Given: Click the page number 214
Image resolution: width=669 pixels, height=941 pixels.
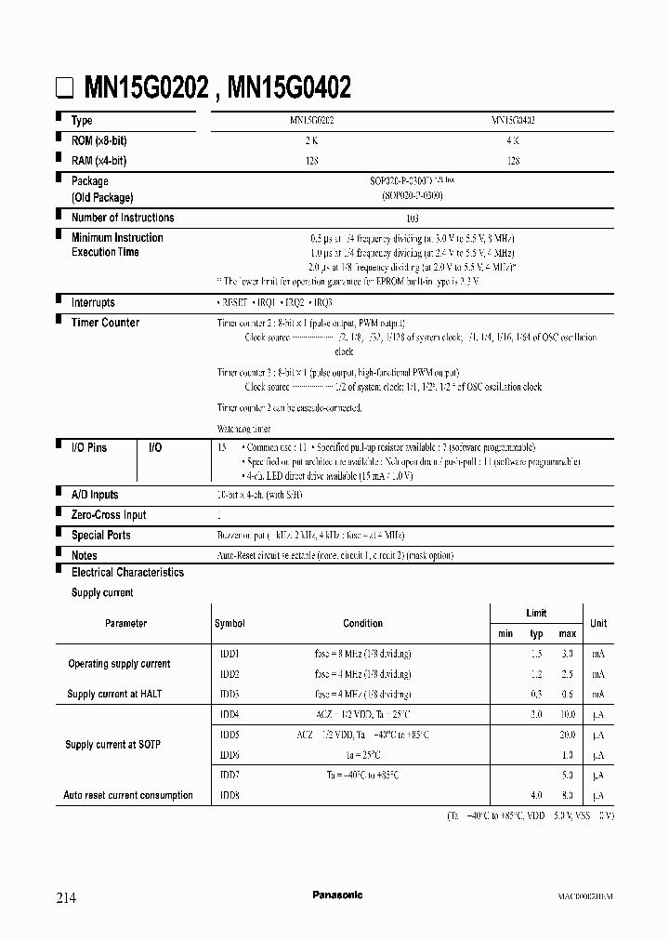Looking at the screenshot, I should pos(66,897).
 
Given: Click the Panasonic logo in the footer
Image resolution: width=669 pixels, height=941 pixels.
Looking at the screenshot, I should pos(337,895).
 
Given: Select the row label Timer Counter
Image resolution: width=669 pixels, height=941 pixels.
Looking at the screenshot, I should pos(105,323).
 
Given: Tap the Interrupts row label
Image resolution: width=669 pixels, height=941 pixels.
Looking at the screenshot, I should pos(93,302).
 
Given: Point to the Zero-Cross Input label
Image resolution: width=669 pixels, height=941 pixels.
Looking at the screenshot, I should pos(108,515).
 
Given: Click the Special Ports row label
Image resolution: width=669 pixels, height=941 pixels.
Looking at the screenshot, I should pos(100,536).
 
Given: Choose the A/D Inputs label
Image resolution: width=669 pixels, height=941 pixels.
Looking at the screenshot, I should pos(95,495).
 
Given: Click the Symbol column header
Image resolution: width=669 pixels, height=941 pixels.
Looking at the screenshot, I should pos(230,623).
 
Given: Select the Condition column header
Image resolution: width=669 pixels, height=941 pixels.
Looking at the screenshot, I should pos(362,623).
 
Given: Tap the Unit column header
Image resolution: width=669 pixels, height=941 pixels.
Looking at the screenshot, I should pos(598,623).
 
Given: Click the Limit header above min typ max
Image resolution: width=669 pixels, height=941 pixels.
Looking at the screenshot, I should pos(536,614).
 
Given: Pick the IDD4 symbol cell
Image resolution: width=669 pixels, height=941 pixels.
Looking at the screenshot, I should pos(230,714).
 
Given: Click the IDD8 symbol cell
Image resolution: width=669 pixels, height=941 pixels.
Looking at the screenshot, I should pos(230,795).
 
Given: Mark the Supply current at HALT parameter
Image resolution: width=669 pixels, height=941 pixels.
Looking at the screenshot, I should pos(115,695).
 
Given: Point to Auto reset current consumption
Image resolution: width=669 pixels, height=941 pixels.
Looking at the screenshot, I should pos(128,795).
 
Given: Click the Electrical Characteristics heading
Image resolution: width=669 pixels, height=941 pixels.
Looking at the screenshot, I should pos(127,573).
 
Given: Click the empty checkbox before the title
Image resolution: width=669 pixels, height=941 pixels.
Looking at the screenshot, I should pos(64,90).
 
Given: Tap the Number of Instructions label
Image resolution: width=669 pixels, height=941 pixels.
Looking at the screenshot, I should pos(123,218).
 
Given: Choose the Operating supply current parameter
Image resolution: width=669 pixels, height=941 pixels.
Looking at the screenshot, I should pos(119,664).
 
